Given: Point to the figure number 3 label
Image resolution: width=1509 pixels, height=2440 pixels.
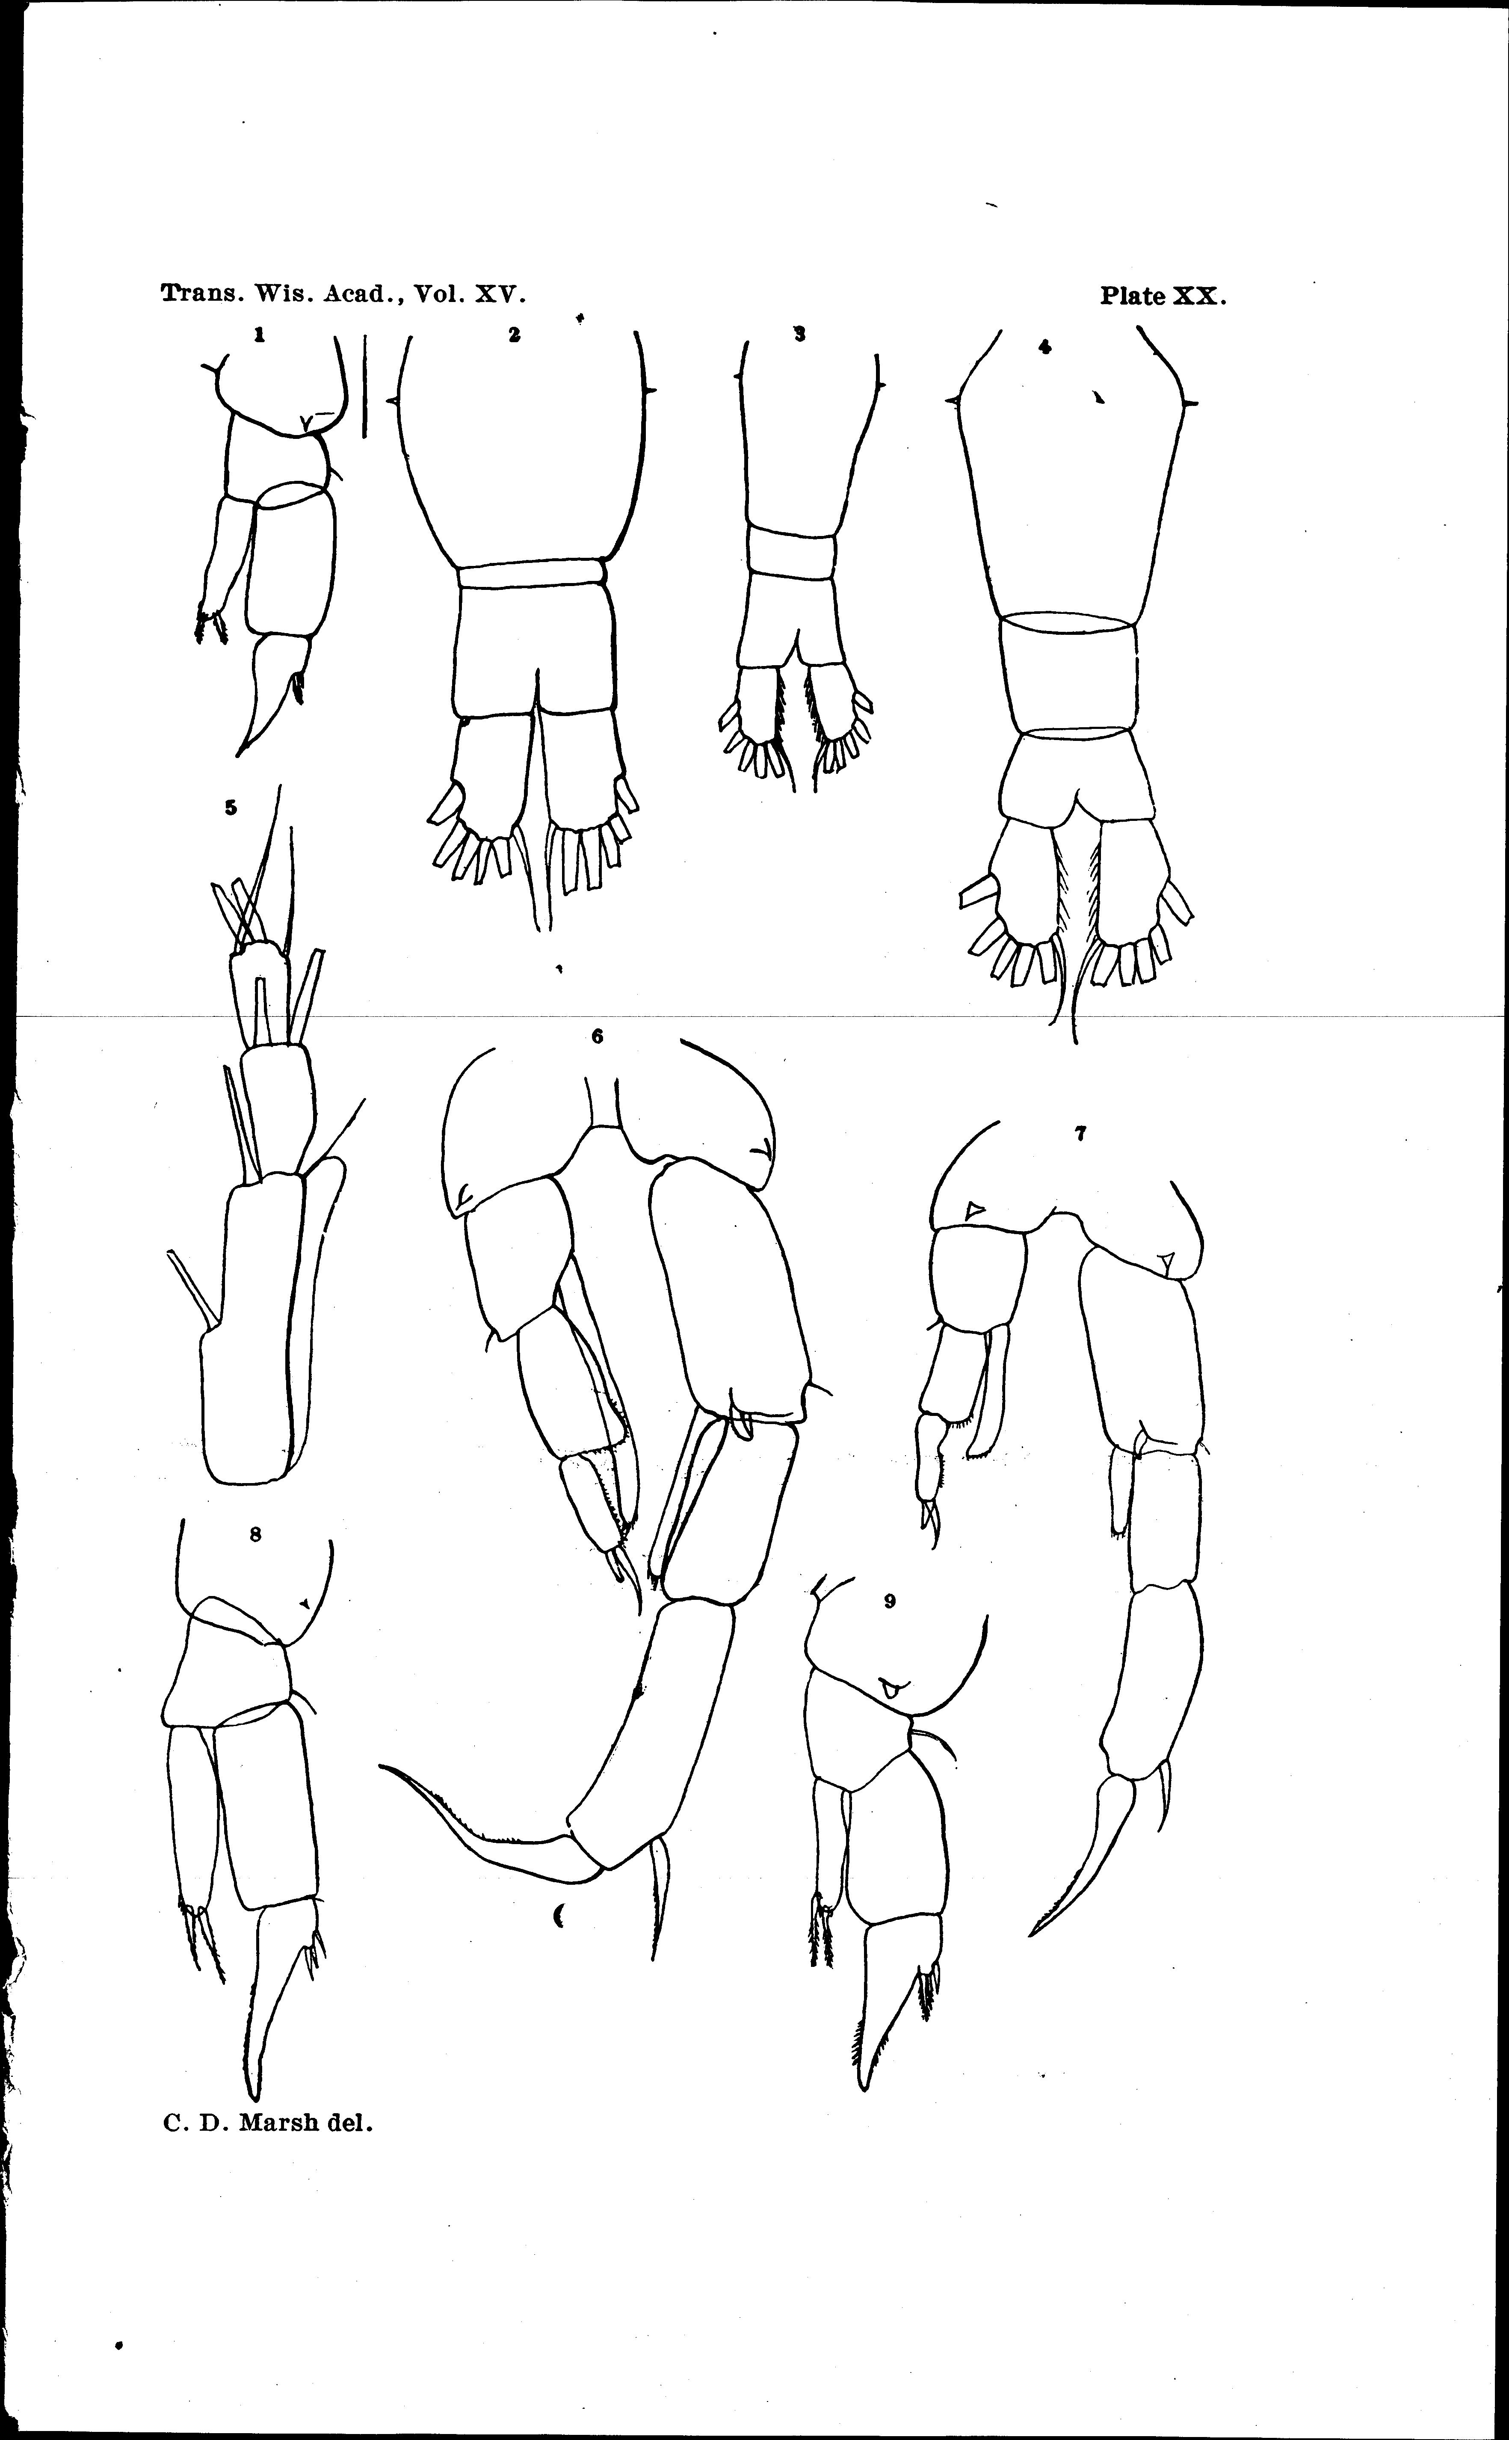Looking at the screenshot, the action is pyautogui.click(x=799, y=335).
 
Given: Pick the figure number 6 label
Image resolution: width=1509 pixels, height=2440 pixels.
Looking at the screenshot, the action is pyautogui.click(x=597, y=1036).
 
